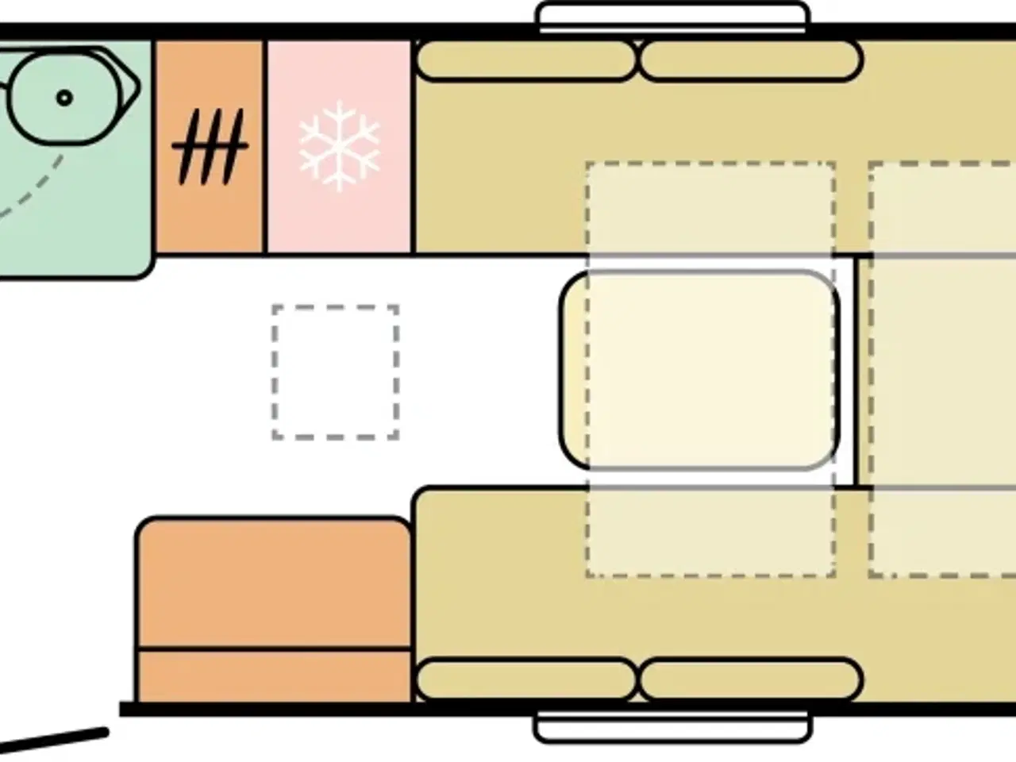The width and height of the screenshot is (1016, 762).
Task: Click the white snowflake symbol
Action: click(339, 145)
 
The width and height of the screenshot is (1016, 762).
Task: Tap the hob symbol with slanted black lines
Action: click(209, 146)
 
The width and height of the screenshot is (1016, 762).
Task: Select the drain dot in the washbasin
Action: click(64, 98)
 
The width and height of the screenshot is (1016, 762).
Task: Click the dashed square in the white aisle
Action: click(335, 371)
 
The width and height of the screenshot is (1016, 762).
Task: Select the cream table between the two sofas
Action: click(698, 370)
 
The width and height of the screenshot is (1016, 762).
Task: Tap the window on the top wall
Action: click(673, 17)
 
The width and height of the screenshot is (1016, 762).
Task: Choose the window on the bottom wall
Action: click(673, 725)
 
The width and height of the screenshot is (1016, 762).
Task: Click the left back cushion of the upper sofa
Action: click(525, 61)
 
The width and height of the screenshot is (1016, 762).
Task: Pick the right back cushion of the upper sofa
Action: click(751, 61)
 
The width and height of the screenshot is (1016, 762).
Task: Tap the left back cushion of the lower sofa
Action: click(525, 679)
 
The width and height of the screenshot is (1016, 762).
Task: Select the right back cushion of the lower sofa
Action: click(751, 679)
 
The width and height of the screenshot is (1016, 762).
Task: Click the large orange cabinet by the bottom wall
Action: click(274, 583)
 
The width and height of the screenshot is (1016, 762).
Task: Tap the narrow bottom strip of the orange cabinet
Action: click(274, 676)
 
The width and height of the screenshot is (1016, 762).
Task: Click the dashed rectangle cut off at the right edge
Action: click(943, 370)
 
